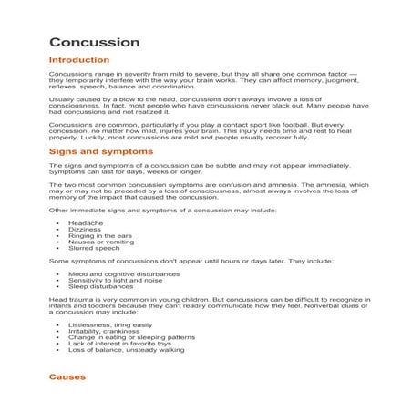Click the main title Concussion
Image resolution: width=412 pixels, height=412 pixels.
94,43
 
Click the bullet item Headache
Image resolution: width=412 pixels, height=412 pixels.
85,221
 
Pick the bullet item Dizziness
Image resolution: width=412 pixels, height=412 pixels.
85,230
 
